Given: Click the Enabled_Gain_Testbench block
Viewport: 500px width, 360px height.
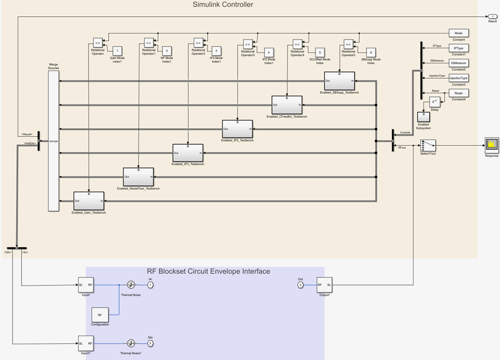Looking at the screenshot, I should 89,200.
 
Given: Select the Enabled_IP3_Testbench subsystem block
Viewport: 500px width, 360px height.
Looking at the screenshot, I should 188,153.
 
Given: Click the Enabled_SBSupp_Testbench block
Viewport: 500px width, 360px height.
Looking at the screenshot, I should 339,81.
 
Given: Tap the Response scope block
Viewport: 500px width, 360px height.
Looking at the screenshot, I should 492,145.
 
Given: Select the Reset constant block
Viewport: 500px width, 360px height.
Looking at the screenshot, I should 458,93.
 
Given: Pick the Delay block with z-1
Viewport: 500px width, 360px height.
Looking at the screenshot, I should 434,102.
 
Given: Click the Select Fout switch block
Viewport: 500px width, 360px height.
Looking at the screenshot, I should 428,145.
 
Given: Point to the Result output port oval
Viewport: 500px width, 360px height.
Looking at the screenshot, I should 492,17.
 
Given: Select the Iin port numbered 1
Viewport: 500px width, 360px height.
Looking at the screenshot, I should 150,285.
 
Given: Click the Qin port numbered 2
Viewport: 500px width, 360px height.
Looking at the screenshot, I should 150,344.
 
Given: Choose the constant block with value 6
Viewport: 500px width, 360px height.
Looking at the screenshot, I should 370,52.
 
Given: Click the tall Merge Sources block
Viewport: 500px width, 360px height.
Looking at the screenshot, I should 54,140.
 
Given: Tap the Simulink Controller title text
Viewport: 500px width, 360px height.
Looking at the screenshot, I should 223,5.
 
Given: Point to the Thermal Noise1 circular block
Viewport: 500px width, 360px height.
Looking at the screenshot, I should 131,344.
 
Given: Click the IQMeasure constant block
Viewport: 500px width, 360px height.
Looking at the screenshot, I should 458,63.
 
